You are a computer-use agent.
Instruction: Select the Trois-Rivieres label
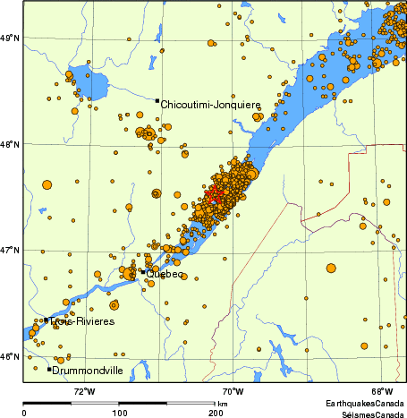pyautogui.click(x=82, y=321)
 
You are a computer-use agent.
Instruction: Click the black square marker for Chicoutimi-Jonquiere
pyautogui.click(x=157, y=101)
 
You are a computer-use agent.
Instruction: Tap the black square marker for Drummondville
pyautogui.click(x=49, y=369)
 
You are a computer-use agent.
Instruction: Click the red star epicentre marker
pyautogui.click(x=213, y=193)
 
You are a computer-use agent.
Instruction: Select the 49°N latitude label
pyautogui.click(x=11, y=38)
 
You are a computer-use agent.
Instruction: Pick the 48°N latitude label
pyautogui.click(x=11, y=143)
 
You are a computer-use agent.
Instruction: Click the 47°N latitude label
pyautogui.click(x=11, y=250)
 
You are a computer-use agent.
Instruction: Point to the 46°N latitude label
pyautogui.click(x=11, y=356)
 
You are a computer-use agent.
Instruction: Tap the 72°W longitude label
pyautogui.click(x=84, y=390)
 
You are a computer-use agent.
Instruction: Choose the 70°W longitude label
pyautogui.click(x=233, y=390)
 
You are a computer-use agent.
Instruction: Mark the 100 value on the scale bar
pyautogui.click(x=119, y=413)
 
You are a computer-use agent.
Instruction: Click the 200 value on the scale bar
pyautogui.click(x=216, y=413)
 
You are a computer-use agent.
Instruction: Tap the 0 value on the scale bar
pyautogui.click(x=23, y=413)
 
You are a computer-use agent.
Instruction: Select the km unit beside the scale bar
pyautogui.click(x=222, y=404)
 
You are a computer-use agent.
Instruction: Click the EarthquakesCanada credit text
pyautogui.click(x=366, y=404)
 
